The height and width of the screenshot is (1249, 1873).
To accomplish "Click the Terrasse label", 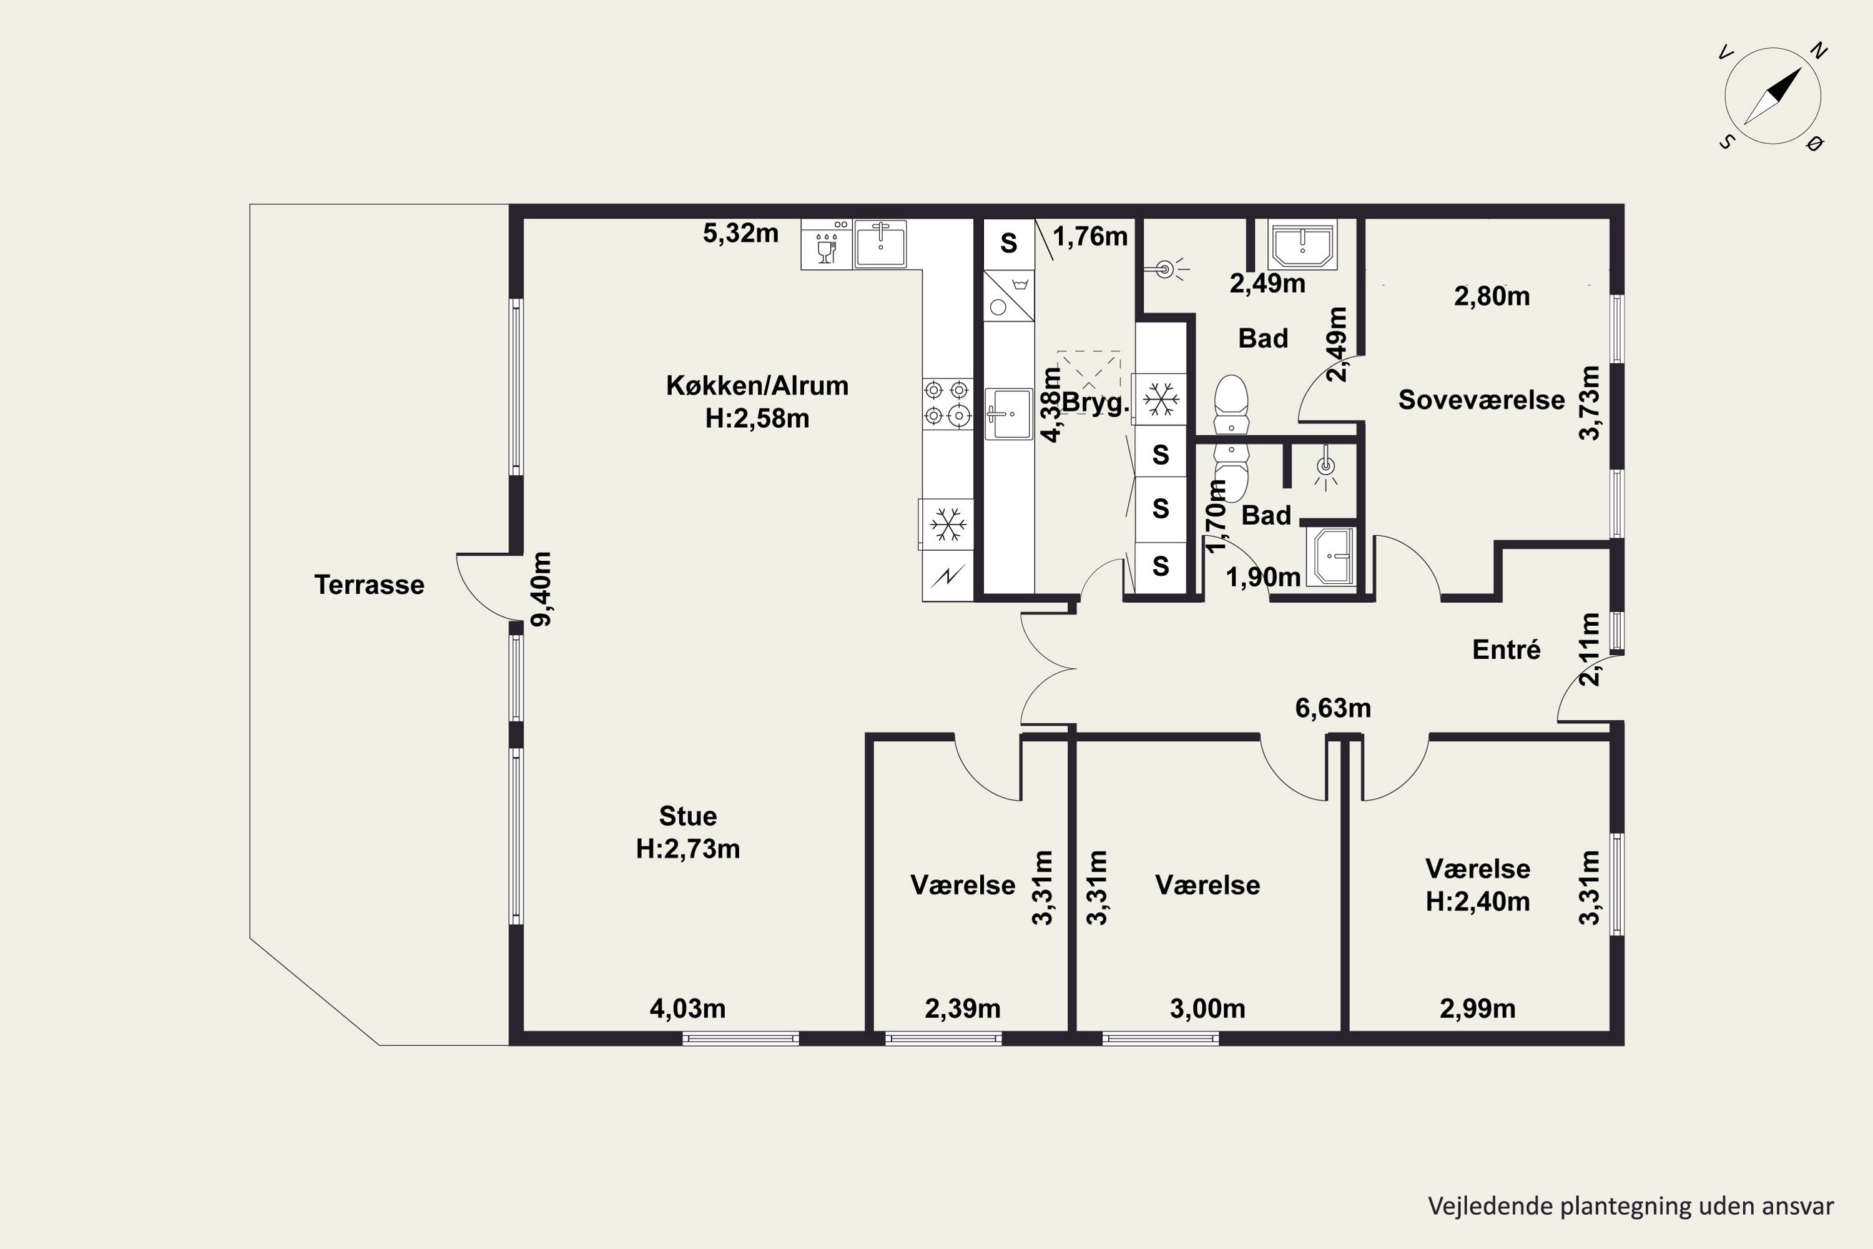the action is tap(369, 585).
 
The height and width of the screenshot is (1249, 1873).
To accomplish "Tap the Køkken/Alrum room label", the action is tap(757, 385).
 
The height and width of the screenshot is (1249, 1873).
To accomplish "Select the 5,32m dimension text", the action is tap(740, 234).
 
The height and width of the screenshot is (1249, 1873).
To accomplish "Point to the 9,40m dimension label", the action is tap(541, 590).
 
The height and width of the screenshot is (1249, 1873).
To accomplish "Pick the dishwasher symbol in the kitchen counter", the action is tap(827, 245).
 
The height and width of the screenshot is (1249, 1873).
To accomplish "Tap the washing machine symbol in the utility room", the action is tap(1009, 295).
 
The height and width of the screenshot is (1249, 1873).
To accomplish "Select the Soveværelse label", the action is tap(1481, 400).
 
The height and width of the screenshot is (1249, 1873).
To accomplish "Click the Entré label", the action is tap(1506, 650).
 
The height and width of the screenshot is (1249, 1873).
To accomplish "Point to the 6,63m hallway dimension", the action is tap(1333, 708).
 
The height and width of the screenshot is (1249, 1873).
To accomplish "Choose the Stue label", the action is tap(688, 816).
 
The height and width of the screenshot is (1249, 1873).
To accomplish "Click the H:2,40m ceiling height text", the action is tap(1477, 902).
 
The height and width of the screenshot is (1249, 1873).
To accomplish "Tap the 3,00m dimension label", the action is tap(1207, 1009).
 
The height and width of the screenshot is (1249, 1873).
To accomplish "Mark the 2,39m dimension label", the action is tap(963, 1009).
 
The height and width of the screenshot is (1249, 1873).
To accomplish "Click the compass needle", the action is tap(1772, 96).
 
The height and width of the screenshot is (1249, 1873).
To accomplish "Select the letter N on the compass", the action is tap(1819, 52).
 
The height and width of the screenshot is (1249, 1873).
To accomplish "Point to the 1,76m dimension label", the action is tap(1090, 237).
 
